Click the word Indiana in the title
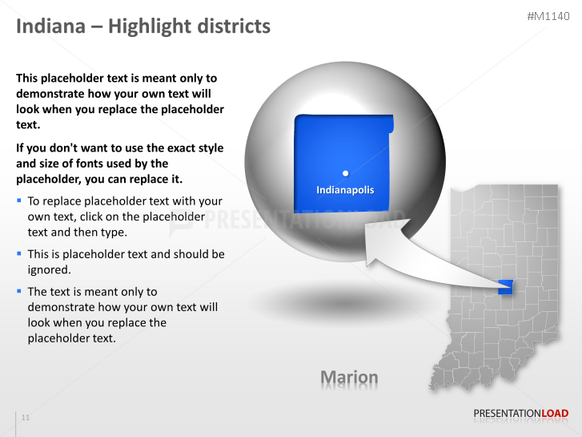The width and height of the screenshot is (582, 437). pos(50,26)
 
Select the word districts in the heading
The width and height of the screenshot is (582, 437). pos(233,26)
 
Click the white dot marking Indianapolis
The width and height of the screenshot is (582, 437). pos(345,172)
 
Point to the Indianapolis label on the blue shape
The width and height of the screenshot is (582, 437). pos(345,190)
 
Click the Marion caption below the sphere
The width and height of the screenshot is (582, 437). pos(349,377)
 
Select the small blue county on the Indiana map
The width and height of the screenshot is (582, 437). pos(505,285)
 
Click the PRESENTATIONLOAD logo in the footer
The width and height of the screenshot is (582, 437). pos(520,414)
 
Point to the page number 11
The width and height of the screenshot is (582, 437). pos(26,418)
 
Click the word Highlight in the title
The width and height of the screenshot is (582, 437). pos(149,26)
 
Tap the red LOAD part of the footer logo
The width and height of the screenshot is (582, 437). pos(556,414)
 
